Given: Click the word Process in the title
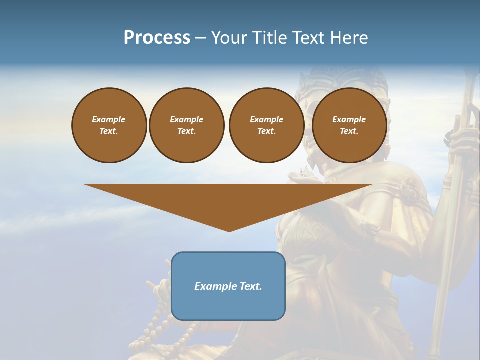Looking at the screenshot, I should (157, 37).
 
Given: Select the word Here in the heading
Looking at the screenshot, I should (349, 37).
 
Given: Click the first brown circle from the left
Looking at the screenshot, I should (109, 125).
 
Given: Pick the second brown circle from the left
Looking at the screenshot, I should (187, 125).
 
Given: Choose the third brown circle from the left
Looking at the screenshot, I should (266, 125).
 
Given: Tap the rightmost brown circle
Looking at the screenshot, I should (349, 125).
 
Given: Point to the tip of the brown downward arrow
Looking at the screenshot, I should (229, 230).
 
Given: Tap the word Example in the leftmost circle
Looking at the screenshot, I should (109, 119).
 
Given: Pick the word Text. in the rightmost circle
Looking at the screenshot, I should (349, 131).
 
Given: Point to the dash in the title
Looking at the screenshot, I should (201, 38).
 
